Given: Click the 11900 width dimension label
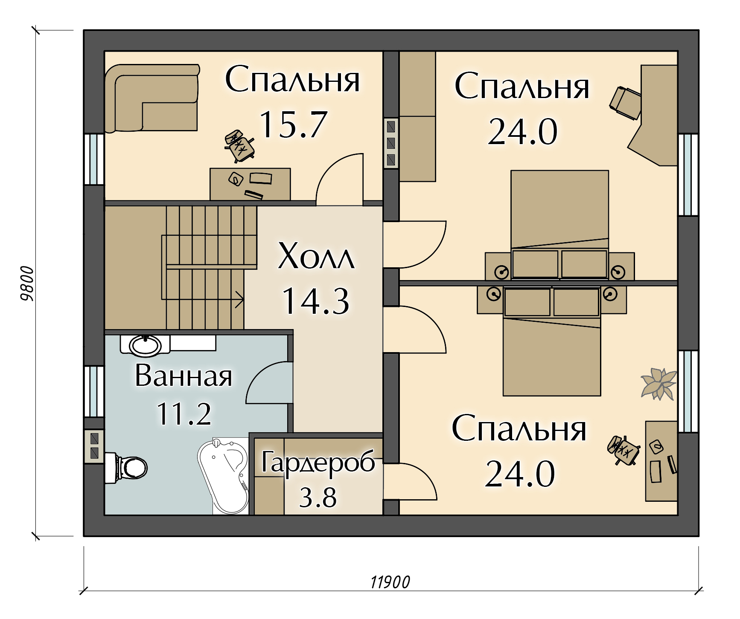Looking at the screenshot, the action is click(390, 582).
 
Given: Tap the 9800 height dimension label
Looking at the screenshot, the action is click(27, 283).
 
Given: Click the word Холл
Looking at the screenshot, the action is click(316, 256).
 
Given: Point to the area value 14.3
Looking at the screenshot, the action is click(316, 301).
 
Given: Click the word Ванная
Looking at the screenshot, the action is click(184, 376).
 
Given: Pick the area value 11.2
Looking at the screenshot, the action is click(184, 414).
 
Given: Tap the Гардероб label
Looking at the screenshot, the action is click(318, 463).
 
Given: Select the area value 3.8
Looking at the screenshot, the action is click(318, 497).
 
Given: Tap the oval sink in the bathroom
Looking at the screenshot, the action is click(145, 345).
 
